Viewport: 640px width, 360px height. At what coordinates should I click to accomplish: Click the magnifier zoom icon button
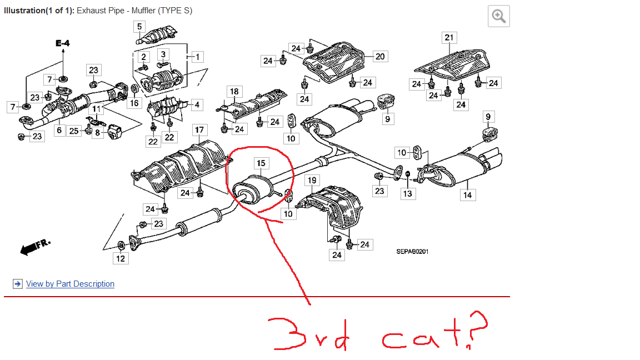pos(498,17)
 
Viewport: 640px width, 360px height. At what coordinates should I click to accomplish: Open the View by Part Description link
pos(70,284)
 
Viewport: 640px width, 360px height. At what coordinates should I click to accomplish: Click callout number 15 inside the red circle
pos(261,163)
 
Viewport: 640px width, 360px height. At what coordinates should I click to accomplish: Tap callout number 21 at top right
pos(449,38)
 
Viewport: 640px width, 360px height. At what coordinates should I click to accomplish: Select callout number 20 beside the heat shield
pos(380,56)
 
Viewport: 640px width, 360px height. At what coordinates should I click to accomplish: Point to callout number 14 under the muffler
pos(468,194)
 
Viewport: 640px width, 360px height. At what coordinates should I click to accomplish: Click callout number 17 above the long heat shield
pos(199,130)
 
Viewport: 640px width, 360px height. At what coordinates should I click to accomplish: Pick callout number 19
pos(312,180)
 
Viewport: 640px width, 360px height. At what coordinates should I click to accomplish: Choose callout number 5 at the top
pos(139,26)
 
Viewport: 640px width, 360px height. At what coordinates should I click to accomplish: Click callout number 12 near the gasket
pos(121,258)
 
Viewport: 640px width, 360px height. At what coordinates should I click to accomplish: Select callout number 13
pos(408,193)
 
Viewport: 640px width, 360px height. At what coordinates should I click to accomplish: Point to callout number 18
pos(234,92)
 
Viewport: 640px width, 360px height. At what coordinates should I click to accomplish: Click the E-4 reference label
pos(62,43)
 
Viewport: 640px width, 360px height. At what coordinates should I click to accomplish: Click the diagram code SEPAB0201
pos(412,252)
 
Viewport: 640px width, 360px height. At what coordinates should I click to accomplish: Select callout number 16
pos(135,103)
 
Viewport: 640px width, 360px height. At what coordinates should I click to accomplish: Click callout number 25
pos(73,131)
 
